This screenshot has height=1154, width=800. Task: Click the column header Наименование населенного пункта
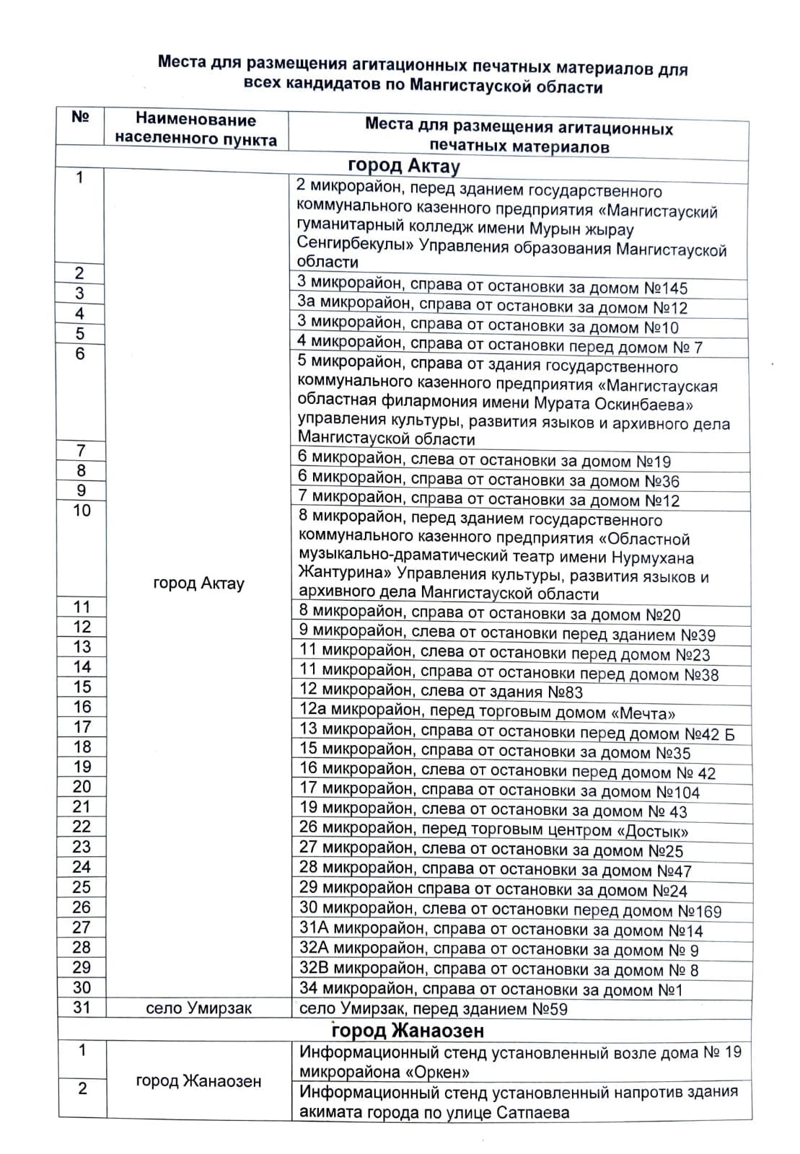click(x=195, y=130)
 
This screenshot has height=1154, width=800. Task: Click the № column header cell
click(x=81, y=118)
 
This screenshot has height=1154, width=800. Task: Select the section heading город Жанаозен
click(x=408, y=1029)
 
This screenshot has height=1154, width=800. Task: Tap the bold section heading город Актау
click(x=403, y=167)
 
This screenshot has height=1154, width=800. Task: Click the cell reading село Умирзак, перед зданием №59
click(x=433, y=1008)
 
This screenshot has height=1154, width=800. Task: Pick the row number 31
click(x=82, y=1007)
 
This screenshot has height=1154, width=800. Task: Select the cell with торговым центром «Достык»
click(x=493, y=830)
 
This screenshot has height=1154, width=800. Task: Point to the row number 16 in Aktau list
click(x=82, y=707)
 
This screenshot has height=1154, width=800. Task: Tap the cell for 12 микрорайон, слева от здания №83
click(x=441, y=692)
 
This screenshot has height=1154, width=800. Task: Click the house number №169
click(x=699, y=911)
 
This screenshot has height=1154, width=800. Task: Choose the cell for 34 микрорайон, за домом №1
click(x=491, y=990)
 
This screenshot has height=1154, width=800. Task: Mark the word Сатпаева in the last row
click(x=533, y=1112)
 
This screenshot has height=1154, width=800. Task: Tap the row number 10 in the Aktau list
click(x=82, y=511)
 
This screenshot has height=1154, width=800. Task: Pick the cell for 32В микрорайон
click(x=498, y=969)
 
